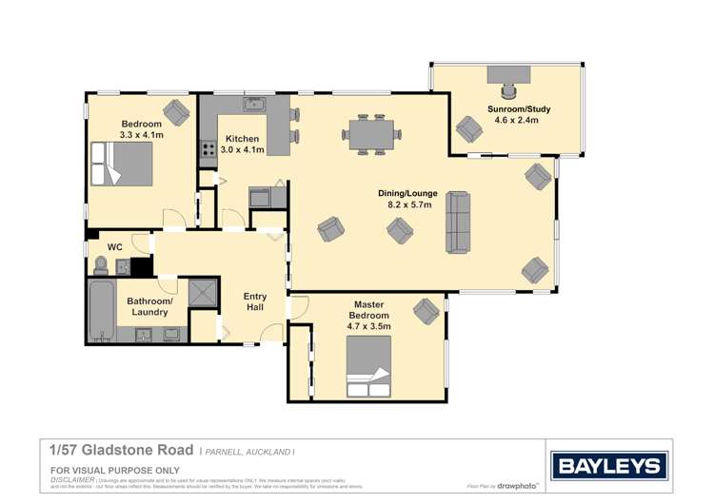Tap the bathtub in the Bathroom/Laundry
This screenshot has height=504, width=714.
point(100,311)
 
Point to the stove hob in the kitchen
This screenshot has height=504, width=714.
point(208,149)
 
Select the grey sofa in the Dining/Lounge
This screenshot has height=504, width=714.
point(459,222)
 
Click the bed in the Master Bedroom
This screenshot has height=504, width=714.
point(369,371)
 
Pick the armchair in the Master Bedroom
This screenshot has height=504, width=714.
point(426,311)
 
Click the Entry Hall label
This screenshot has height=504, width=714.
point(255,302)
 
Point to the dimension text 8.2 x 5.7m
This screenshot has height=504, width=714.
point(409,204)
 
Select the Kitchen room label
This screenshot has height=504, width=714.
point(242,139)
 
